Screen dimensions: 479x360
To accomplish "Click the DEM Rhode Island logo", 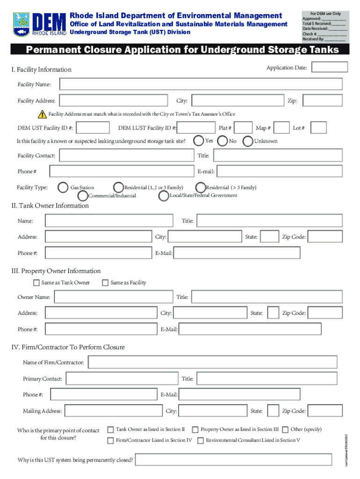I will pyautogui.click(x=39, y=24).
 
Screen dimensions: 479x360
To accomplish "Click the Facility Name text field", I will pyautogui.click(x=201, y=84).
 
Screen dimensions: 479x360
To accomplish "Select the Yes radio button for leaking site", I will pyautogui.click(x=199, y=140).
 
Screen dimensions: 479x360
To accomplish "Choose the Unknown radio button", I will pyautogui.click(x=247, y=141).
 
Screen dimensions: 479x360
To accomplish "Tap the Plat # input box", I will pyautogui.click(x=243, y=128).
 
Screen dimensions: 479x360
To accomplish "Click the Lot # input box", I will pyautogui.click(x=319, y=128).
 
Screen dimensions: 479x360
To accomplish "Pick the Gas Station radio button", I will pyautogui.click(x=63, y=187).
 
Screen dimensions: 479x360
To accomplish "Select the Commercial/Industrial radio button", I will pyautogui.click(x=83, y=196).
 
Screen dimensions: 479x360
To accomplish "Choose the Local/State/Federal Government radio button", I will pyautogui.click(x=164, y=196).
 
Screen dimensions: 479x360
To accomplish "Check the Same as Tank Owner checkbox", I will pyautogui.click(x=36, y=283).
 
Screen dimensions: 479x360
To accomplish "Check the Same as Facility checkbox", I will pyautogui.click(x=105, y=283).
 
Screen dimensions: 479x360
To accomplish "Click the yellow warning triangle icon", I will pyautogui.click(x=43, y=114).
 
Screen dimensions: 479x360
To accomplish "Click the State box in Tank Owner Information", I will pyautogui.click(x=269, y=237).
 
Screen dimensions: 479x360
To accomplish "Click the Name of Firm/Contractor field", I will pyautogui.click(x=212, y=362).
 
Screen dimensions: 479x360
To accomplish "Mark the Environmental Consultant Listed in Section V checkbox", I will pyautogui.click(x=201, y=440).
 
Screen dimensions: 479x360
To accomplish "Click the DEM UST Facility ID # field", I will pyautogui.click(x=94, y=128).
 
